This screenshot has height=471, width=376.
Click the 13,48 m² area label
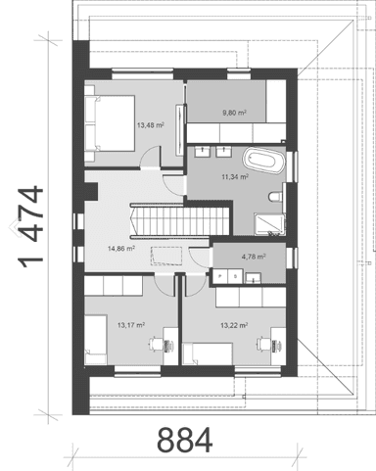click(x=151, y=125)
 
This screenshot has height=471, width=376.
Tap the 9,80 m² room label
click(x=234, y=113)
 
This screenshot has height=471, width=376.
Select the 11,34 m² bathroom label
click(x=235, y=177)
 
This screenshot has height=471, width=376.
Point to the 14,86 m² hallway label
click(x=121, y=249)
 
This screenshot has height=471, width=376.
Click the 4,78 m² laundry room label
click(x=254, y=257)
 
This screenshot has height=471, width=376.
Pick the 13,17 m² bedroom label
click(x=131, y=325)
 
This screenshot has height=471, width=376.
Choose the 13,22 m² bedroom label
click(x=234, y=325)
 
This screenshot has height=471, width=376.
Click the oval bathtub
click(x=263, y=161)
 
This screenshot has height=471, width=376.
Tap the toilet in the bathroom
click(x=276, y=197)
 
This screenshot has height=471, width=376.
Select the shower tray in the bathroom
click(x=269, y=224)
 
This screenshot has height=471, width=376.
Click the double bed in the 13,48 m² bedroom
click(x=110, y=123)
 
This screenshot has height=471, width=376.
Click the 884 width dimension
click(x=185, y=440)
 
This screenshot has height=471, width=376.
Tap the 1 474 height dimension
click(x=31, y=227)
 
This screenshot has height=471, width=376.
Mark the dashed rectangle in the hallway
click(x=166, y=257)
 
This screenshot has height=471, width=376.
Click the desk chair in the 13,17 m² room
click(x=156, y=345)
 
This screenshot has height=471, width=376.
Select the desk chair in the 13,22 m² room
click(x=263, y=345)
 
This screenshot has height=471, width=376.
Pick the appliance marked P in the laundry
click(x=220, y=276)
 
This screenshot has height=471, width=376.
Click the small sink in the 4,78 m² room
click(x=254, y=278)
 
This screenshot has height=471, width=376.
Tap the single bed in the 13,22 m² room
click(x=208, y=353)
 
